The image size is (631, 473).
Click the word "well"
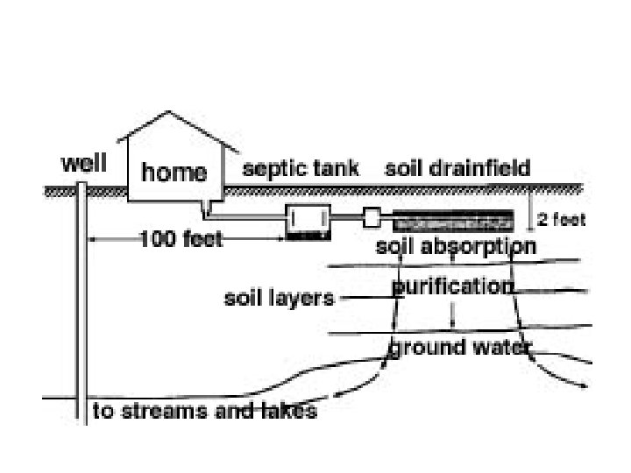[84, 165]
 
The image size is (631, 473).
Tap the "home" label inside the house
[174, 173]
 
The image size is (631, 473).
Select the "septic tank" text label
[301, 168]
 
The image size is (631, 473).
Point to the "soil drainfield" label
[457, 168]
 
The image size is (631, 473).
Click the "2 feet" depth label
[560, 220]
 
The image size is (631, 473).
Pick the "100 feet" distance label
[181, 239]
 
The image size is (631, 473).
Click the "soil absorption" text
[455, 246]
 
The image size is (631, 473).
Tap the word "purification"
[451, 286]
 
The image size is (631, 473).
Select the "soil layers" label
[280, 299]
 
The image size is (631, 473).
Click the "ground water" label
[460, 348]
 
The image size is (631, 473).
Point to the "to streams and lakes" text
[204, 411]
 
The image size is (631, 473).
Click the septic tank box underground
[308, 222]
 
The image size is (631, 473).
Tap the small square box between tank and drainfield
[372, 216]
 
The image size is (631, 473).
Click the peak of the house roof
[171, 113]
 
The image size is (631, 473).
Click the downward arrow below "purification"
[451, 314]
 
